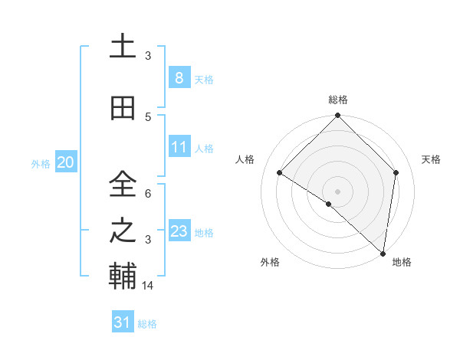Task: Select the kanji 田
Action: (x=123, y=109)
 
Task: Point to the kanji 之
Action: (x=123, y=231)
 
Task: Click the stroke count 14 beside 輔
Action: (x=149, y=285)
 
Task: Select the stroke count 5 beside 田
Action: (x=149, y=116)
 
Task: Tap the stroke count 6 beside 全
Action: (x=149, y=194)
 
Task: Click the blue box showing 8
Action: (x=179, y=78)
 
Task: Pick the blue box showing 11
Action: (x=179, y=147)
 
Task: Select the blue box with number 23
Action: (x=179, y=231)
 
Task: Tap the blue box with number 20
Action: (x=65, y=162)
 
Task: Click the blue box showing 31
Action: (x=122, y=322)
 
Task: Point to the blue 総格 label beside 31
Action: (x=147, y=324)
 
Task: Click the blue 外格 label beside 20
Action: (x=41, y=164)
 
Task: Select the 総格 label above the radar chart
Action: (x=337, y=100)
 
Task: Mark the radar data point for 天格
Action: (x=396, y=172)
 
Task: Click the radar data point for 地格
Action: (x=383, y=254)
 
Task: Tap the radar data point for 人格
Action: (x=280, y=173)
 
